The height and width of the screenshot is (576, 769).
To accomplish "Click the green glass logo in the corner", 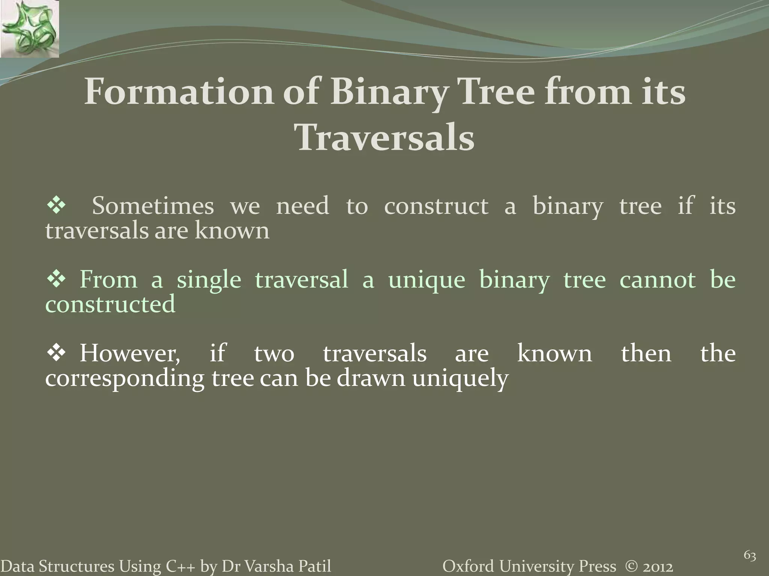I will point(29,29).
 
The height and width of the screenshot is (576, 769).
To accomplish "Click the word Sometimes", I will point(153,206).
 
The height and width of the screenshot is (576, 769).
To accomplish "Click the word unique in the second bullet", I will point(427,280).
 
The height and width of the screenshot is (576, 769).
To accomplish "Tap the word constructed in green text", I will point(110,304).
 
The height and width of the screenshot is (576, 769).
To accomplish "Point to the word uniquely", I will point(460,379).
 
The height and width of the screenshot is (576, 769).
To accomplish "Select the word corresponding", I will point(124,379).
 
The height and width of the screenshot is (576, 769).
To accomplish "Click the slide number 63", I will point(749,556).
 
